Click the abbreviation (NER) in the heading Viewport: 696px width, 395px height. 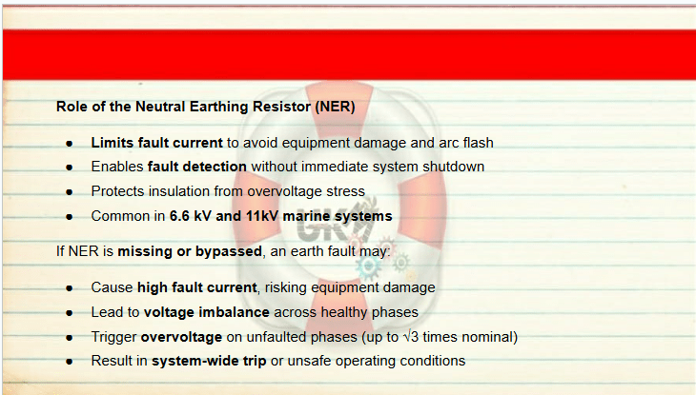tap(335, 107)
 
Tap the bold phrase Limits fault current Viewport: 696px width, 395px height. tap(156, 143)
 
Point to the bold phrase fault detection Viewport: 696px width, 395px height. tap(197, 167)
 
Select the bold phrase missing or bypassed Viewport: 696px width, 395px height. tap(190, 251)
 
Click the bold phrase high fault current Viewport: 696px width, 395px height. tap(197, 287)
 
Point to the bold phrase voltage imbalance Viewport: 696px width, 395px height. tap(207, 312)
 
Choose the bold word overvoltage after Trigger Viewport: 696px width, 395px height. tap(181, 337)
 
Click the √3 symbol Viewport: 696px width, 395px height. tap(411, 337)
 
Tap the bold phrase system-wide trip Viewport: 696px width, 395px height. tap(209, 361)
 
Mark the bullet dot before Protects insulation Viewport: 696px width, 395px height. tap(70, 192)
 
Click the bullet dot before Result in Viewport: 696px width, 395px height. tap(70, 362)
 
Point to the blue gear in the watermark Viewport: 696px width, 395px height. tap(368, 267)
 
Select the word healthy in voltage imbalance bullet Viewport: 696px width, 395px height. tap(344, 312)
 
